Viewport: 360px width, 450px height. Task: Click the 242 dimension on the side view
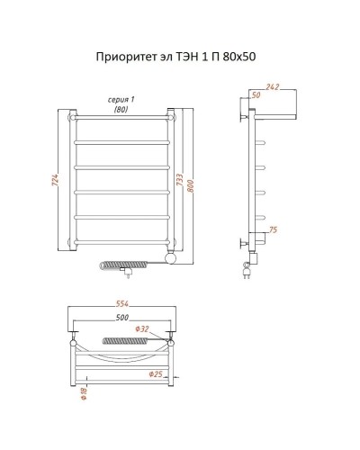click(273, 87)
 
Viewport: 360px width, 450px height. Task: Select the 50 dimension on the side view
click(256, 94)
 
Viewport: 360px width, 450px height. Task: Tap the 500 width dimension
click(121, 318)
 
